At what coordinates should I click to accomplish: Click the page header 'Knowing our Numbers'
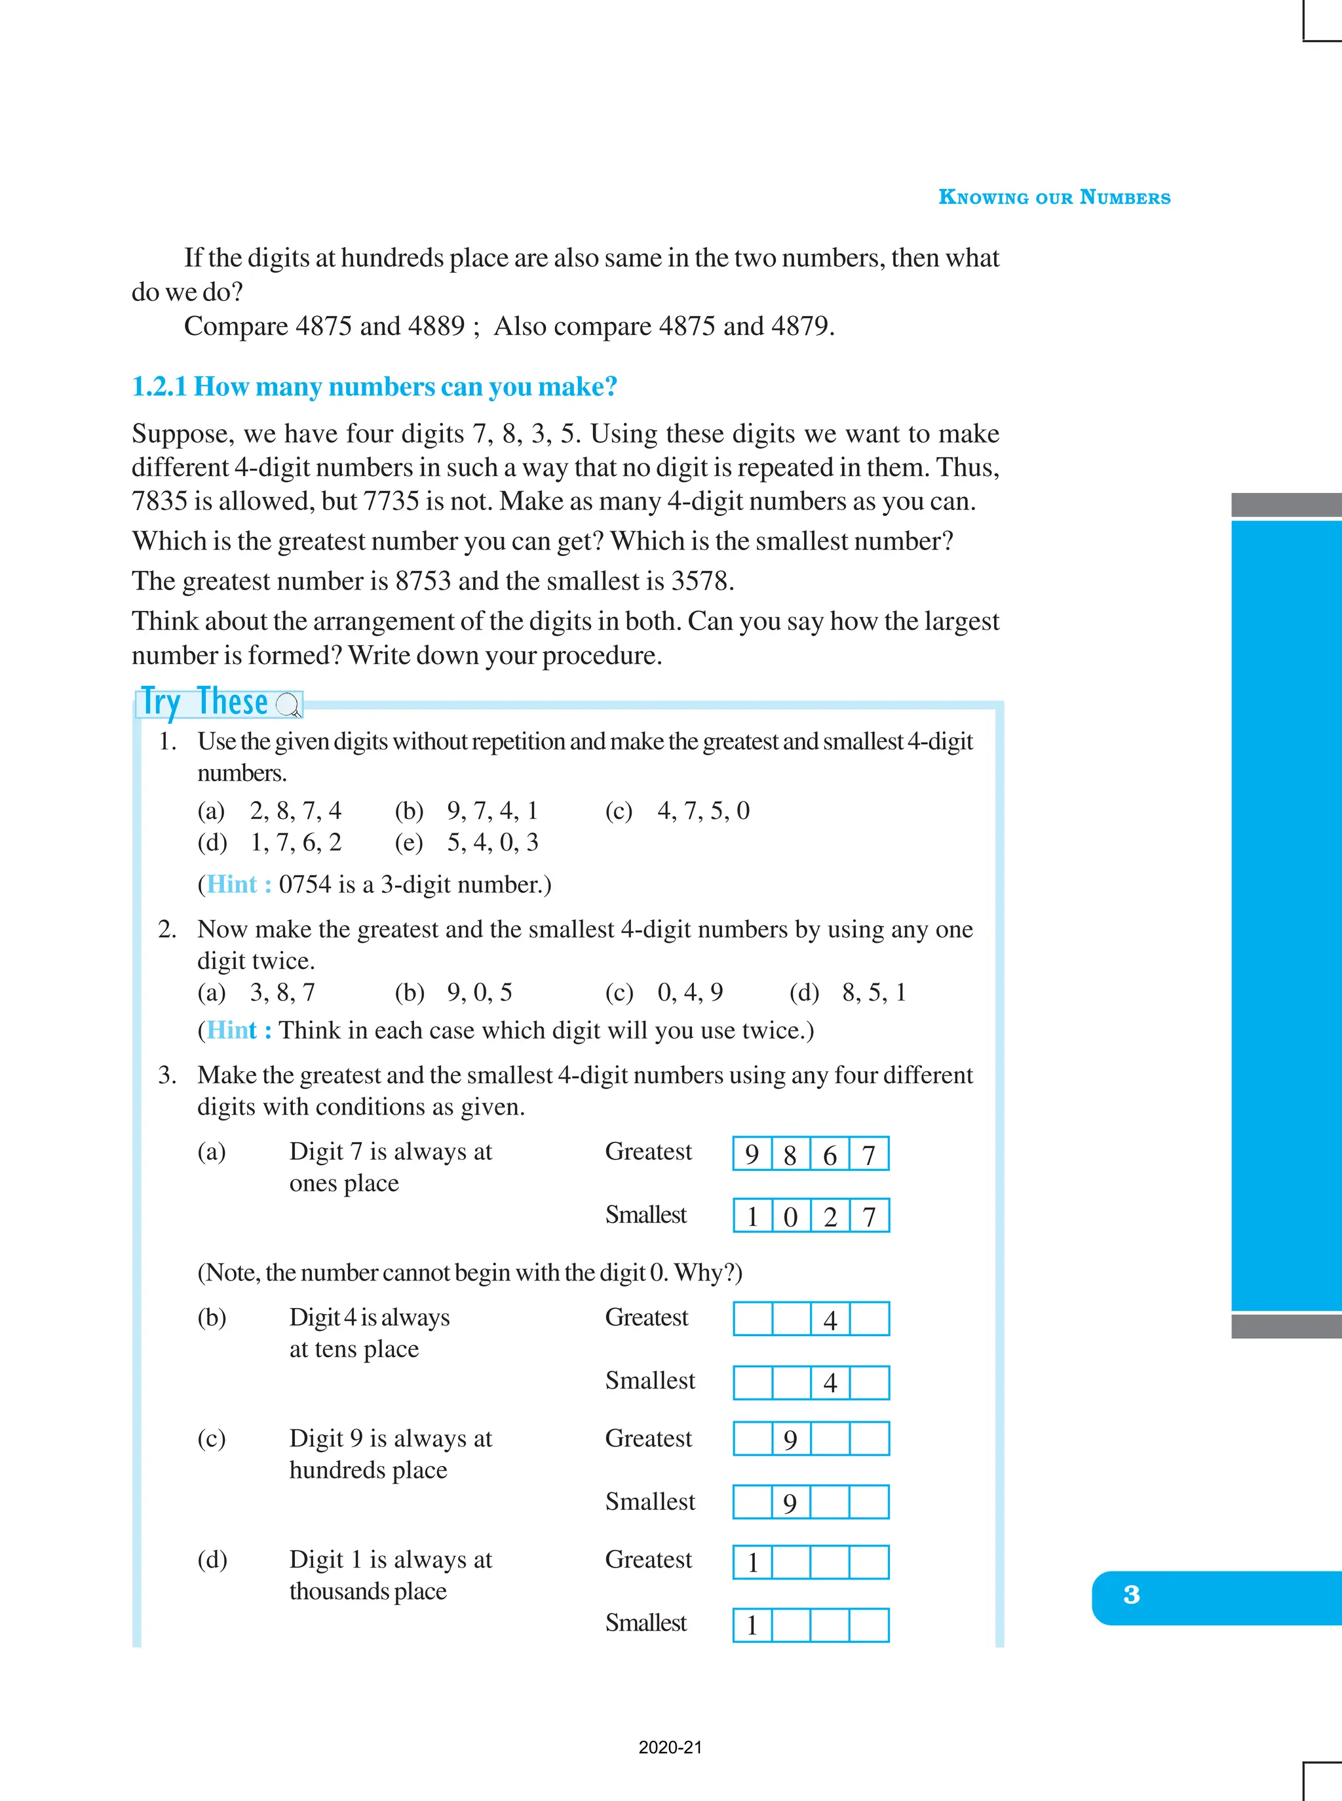pos(1054,197)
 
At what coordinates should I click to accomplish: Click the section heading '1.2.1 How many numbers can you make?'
pos(375,387)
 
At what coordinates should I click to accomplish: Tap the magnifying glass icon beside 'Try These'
pos(288,705)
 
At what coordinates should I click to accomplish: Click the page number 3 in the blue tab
pos(1131,1594)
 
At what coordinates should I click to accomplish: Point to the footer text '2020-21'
pos(670,1747)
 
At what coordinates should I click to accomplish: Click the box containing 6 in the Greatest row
pos(830,1154)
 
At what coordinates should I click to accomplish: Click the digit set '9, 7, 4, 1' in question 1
pos(492,810)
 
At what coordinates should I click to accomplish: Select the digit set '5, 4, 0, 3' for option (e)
pos(492,842)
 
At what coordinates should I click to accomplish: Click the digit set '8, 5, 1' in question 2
pos(873,993)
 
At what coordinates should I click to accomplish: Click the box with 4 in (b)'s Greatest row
pos(830,1319)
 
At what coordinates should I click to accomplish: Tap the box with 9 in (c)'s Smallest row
pos(790,1503)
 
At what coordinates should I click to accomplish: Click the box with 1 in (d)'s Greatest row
pos(752,1562)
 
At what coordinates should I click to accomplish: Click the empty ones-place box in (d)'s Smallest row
pos(868,1625)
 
